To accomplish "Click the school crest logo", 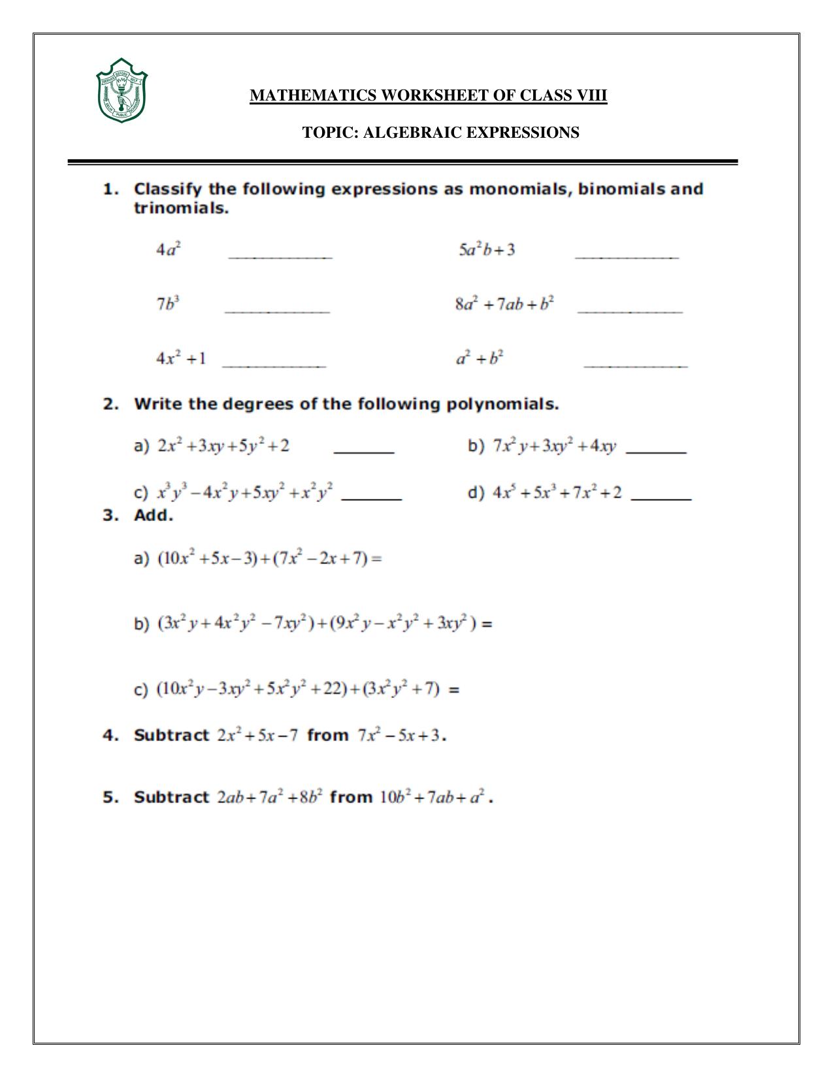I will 121,91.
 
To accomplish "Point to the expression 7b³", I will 168,304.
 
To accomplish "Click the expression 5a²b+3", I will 487,249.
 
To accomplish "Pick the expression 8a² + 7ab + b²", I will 504,304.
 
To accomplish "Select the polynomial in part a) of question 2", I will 223,446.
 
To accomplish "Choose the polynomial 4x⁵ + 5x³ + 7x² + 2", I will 557,492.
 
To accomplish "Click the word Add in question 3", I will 153,515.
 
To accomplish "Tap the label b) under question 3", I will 142,624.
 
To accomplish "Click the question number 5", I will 109,797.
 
